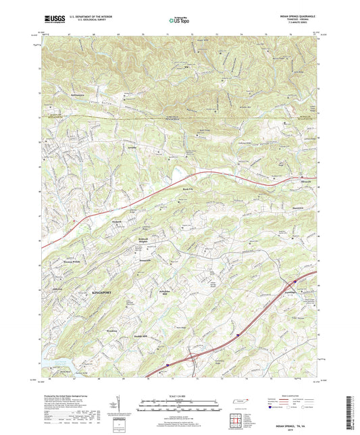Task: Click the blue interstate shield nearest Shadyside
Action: point(295,278)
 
